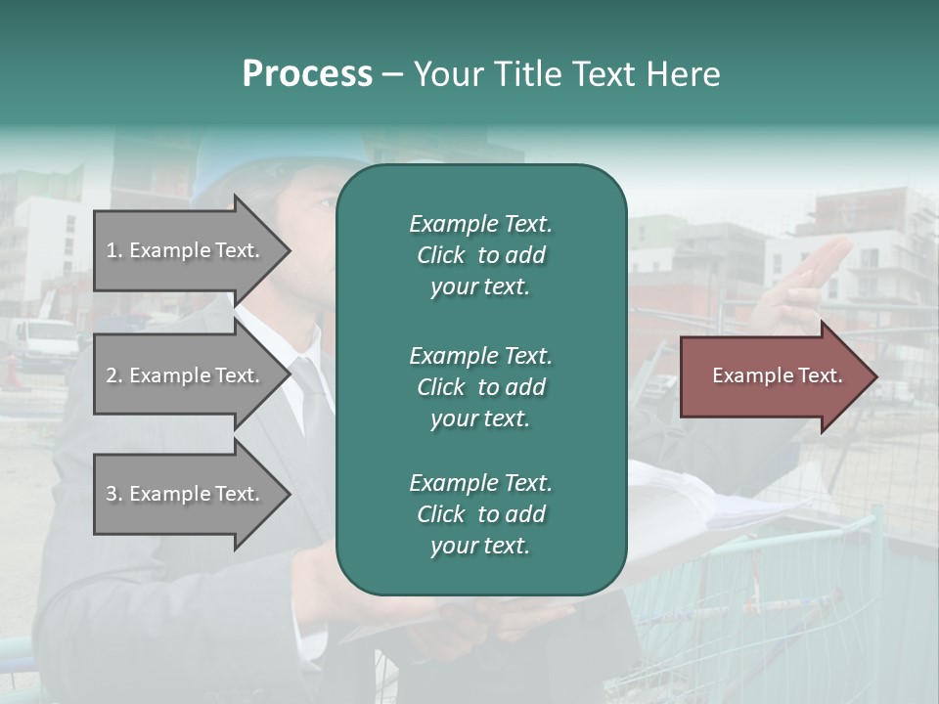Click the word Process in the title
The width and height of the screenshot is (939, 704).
[x=307, y=74]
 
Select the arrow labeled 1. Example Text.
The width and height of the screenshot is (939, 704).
[x=186, y=250]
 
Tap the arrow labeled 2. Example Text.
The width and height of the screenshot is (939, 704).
[x=186, y=375]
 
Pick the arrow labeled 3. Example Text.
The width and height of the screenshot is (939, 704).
[x=186, y=494]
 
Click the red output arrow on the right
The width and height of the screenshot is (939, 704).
[x=773, y=375]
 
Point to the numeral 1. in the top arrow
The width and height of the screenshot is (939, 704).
[x=114, y=250]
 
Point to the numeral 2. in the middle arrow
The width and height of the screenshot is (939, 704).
[x=114, y=375]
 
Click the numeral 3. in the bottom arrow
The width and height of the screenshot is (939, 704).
[x=114, y=494]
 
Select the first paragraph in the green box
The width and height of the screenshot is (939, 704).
[x=480, y=255]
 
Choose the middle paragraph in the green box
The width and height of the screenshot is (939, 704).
[x=480, y=387]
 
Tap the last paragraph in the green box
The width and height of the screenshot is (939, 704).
[x=480, y=514]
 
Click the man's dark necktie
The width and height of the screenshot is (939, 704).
[x=315, y=401]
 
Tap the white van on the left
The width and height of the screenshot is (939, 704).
[x=44, y=342]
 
